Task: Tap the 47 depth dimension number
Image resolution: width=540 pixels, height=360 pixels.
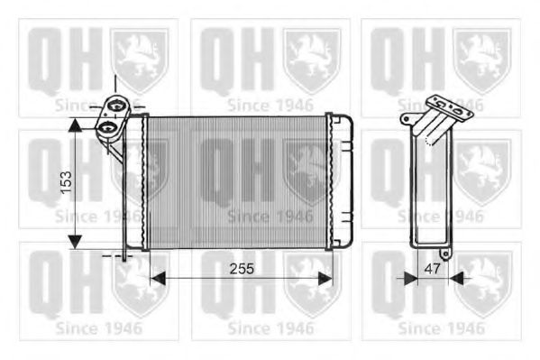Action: pyautogui.click(x=432, y=269)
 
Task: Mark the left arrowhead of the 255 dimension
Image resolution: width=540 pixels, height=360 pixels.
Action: pyautogui.click(x=156, y=279)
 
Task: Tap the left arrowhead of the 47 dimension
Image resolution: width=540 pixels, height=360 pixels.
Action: pyautogui.click(x=411, y=279)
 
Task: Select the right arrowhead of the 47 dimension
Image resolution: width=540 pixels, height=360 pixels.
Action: pyautogui.click(x=455, y=279)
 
